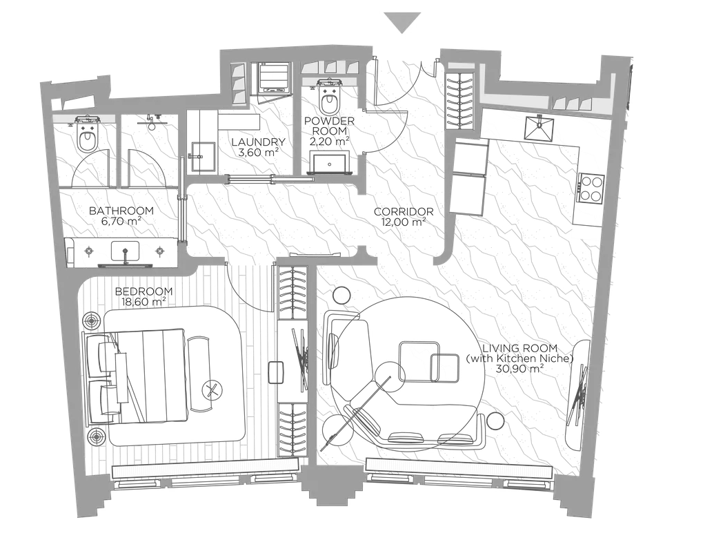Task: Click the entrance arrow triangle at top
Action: click(x=402, y=23)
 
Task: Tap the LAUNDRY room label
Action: click(x=259, y=142)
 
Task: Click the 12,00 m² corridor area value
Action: click(x=403, y=222)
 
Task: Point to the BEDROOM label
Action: click(x=144, y=291)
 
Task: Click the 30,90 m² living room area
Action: click(x=519, y=369)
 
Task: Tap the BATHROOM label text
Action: click(x=121, y=211)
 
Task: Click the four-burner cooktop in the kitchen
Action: click(x=591, y=187)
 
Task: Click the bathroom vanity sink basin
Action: click(x=125, y=251)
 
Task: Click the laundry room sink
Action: click(x=203, y=157)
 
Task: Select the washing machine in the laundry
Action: click(x=275, y=78)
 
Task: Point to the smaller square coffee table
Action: click(x=444, y=367)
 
